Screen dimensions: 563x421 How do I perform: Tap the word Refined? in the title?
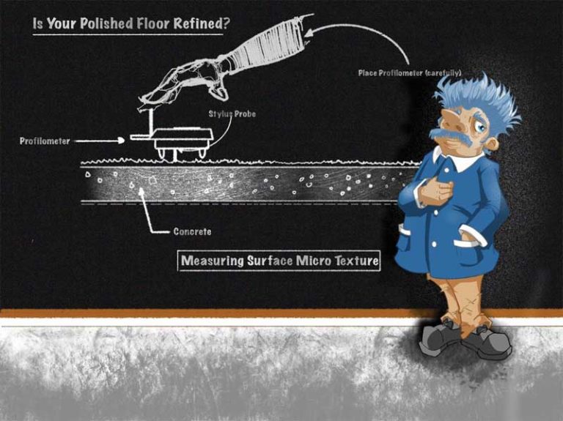(202, 23)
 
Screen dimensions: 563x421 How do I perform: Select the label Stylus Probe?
(232, 114)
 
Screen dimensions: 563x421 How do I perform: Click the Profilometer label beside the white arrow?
(45, 141)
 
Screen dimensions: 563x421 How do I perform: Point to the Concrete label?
(192, 231)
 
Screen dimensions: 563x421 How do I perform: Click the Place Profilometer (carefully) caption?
(410, 72)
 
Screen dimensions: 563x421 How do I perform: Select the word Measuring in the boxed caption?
(212, 261)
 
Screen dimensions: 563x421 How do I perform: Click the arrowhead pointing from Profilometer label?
(122, 141)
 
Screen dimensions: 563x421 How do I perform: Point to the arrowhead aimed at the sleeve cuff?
(309, 33)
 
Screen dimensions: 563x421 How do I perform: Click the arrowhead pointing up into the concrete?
(141, 190)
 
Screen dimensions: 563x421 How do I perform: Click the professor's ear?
(492, 144)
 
